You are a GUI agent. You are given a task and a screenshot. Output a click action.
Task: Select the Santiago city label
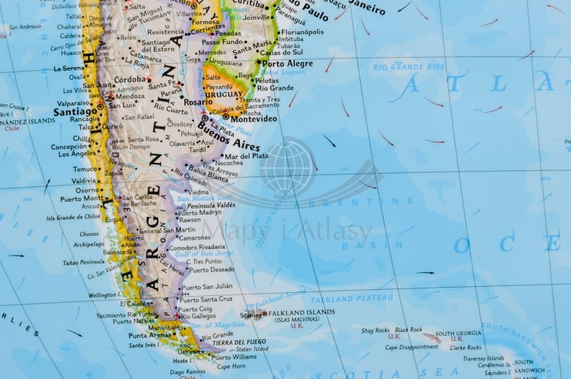[x=75, y=111]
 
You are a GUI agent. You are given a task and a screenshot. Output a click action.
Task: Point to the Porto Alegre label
[x=288, y=63]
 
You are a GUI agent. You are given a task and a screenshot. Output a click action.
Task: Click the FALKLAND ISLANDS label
[x=302, y=312]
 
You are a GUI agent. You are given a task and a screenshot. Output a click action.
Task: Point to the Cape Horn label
[x=231, y=366]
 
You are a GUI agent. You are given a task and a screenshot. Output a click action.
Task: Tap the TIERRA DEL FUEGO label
[x=239, y=342]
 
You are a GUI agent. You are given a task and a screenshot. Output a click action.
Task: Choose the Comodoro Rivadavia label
[x=196, y=247]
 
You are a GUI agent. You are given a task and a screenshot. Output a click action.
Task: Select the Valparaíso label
[x=72, y=102]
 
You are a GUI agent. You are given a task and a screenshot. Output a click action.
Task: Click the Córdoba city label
[x=130, y=79]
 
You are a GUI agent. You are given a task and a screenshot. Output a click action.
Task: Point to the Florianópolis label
[x=302, y=32]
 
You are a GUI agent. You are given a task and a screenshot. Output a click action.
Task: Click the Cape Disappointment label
[x=411, y=347]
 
